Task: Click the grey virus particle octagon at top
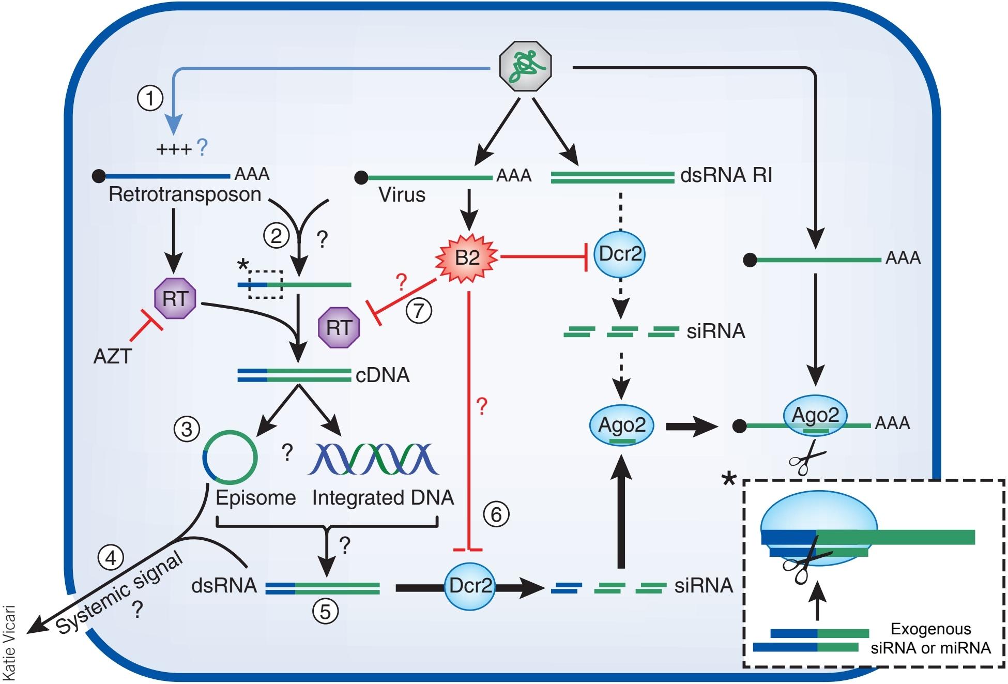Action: coord(526,67)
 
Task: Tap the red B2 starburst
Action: coord(467,256)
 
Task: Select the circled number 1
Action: coord(150,97)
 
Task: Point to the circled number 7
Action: coord(419,311)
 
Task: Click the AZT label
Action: coord(112,356)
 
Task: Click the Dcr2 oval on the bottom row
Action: coord(470,586)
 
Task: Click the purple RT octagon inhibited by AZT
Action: coord(175,299)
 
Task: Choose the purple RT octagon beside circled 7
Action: coord(339,327)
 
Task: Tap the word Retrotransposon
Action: coord(185,195)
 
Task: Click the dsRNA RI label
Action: coord(726,176)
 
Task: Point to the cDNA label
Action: coord(383,375)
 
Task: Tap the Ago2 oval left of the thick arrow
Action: coord(622,425)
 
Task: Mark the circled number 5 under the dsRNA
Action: coord(325,612)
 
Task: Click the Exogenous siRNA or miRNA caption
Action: coord(930,638)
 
